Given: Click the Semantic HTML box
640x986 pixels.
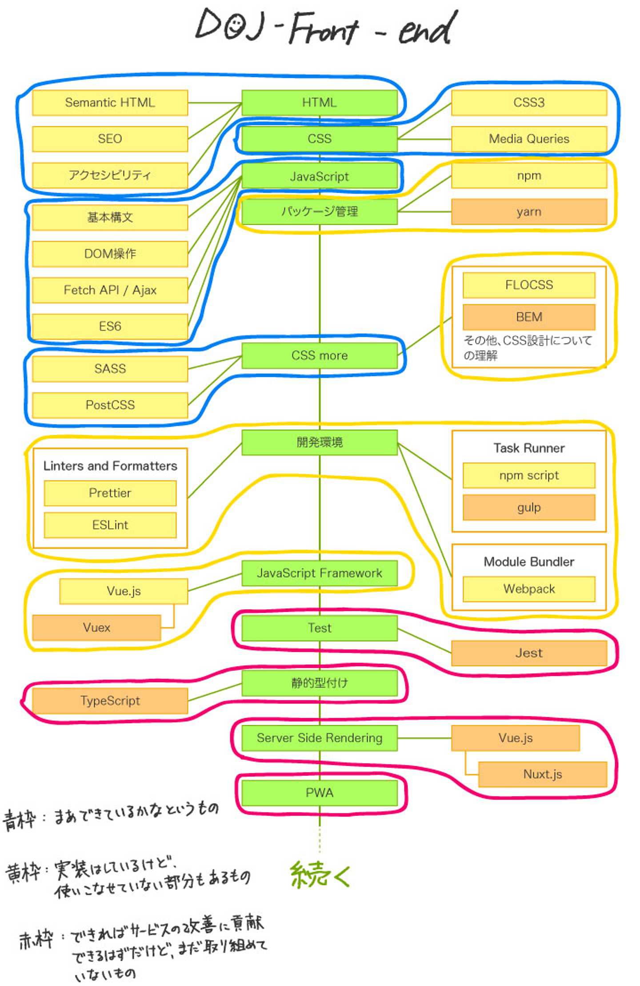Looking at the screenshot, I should click(x=110, y=103).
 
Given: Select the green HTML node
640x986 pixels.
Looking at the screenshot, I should click(x=319, y=103).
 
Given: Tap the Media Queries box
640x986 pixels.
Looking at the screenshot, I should click(x=529, y=139).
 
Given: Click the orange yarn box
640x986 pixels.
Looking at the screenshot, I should click(x=529, y=212).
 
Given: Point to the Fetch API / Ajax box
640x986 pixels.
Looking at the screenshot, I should click(x=110, y=290).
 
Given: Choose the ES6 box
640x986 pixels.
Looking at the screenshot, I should click(x=110, y=326).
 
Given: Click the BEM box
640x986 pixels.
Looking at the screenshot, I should click(x=529, y=317).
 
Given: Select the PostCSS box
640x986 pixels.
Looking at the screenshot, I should click(x=110, y=405).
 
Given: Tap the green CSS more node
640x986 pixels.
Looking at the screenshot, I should click(x=319, y=356).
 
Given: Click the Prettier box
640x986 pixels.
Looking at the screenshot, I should click(x=110, y=493).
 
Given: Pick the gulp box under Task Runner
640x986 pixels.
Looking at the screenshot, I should click(x=529, y=507).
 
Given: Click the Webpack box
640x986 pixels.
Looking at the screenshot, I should click(x=529, y=589).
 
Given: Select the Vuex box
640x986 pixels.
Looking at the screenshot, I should click(x=96, y=627).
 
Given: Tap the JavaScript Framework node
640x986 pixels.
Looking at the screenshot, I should click(x=319, y=573).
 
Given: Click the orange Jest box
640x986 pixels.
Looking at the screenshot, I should click(x=529, y=653).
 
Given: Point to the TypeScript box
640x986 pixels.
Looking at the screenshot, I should click(x=110, y=701).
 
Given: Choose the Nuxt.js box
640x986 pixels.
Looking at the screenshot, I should click(x=542, y=774).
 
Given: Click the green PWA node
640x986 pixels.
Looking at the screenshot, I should click(x=319, y=793).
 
